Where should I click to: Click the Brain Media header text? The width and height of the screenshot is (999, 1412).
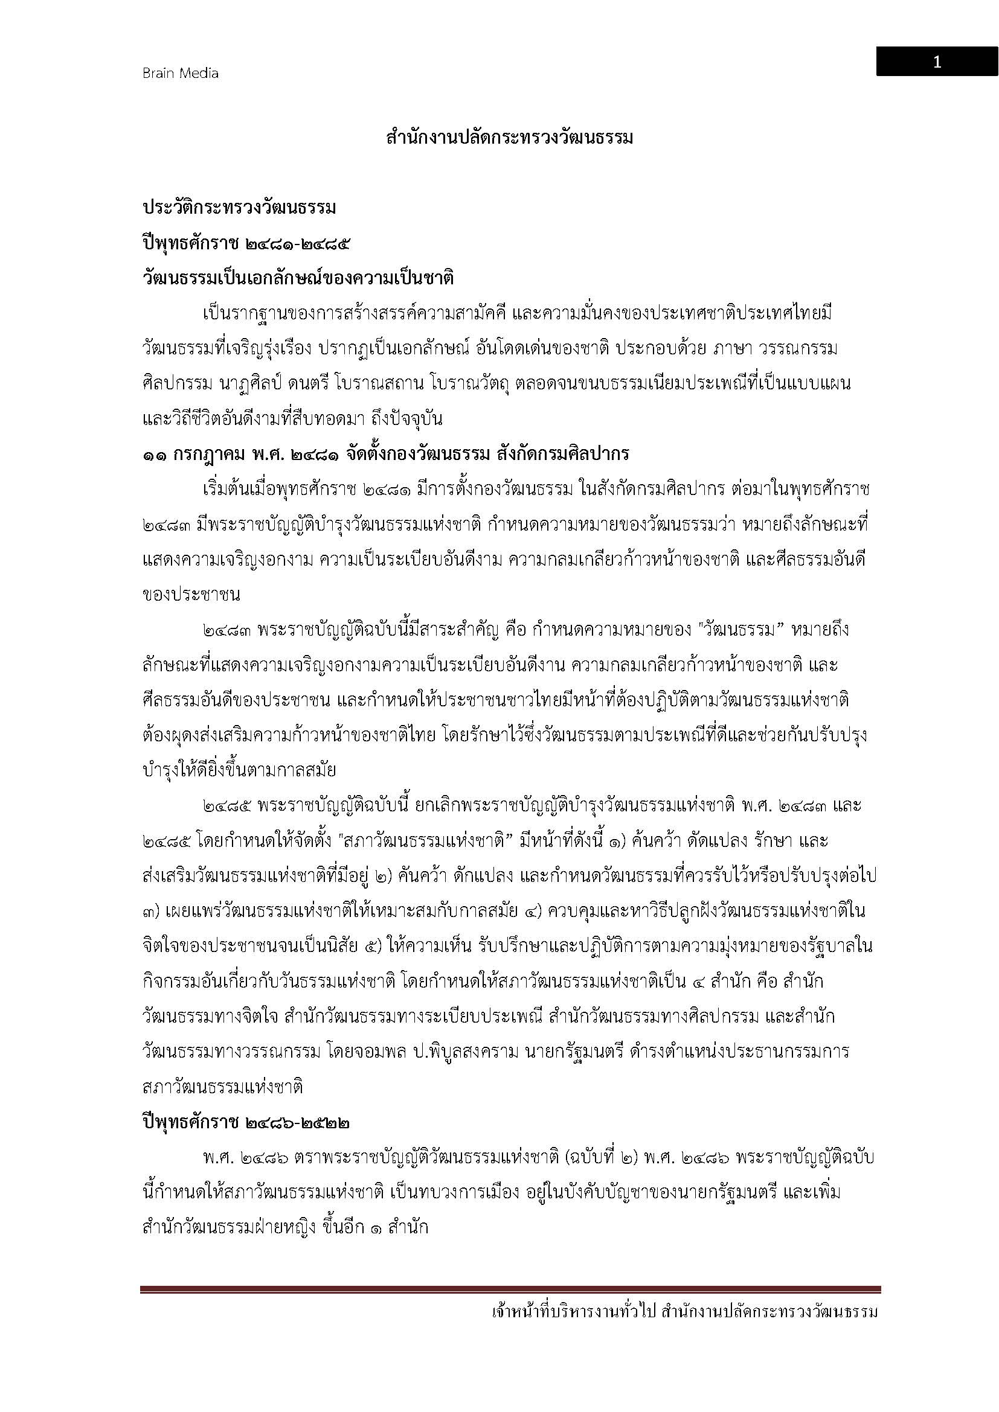coord(180,73)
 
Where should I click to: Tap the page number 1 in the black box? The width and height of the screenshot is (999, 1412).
coord(936,62)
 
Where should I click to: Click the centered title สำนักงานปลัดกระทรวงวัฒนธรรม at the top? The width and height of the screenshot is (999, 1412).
coord(509,137)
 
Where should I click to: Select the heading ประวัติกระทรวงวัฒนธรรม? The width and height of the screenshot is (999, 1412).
coord(239,208)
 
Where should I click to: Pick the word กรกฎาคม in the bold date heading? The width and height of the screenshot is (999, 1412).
coord(208,454)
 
